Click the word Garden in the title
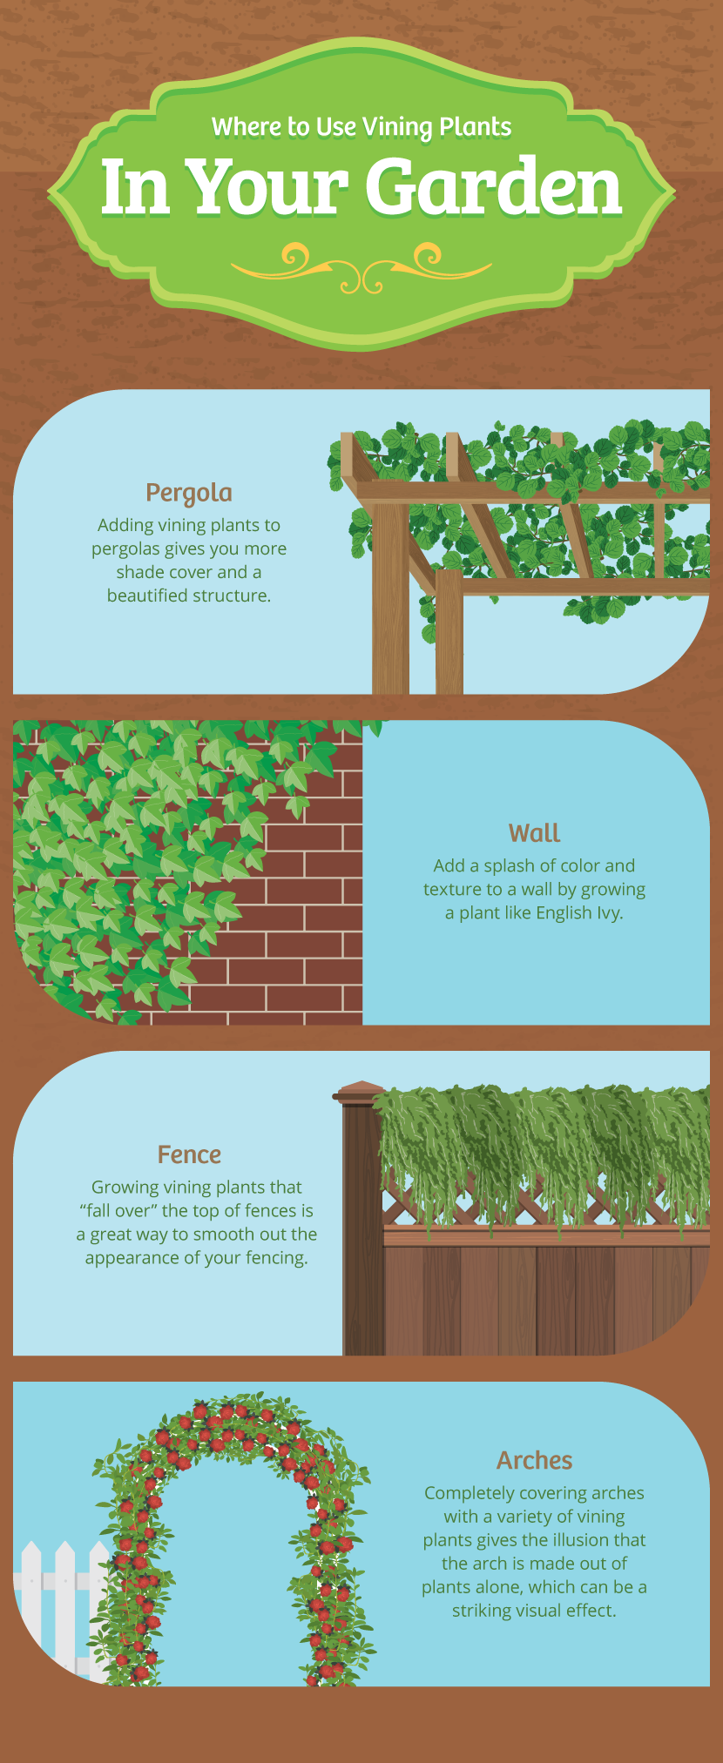493,187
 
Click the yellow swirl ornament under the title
361,266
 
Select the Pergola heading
189,493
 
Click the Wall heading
534,833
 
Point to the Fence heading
189,1154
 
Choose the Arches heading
534,1460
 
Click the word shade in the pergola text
138,572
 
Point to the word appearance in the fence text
134,1258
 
